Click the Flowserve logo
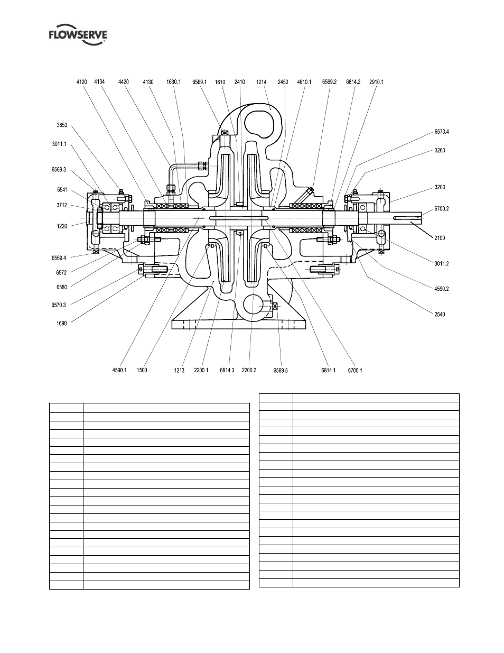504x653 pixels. click(x=78, y=36)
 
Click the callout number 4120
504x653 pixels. click(x=81, y=82)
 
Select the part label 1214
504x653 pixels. click(x=261, y=82)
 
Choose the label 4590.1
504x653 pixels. click(x=119, y=370)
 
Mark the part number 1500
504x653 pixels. click(x=142, y=370)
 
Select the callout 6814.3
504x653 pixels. click(x=228, y=370)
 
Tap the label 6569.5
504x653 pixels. click(x=281, y=370)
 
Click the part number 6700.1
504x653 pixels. click(x=355, y=370)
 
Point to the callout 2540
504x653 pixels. click(x=440, y=315)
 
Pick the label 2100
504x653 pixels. click(x=440, y=238)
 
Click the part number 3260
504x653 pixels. click(x=440, y=150)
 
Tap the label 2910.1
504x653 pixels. click(x=376, y=82)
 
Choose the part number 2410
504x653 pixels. click(x=240, y=82)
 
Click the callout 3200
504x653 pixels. click(x=440, y=187)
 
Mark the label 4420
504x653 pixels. click(x=124, y=82)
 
